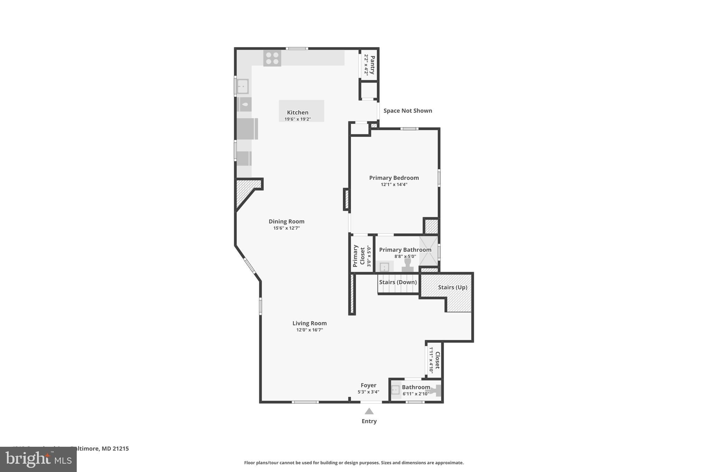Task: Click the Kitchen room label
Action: point(297,112)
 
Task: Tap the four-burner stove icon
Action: point(272,58)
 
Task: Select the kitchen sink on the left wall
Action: point(243,86)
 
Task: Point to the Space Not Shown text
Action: point(408,111)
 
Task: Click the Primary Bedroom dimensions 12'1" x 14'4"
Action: point(394,185)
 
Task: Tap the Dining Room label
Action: point(286,221)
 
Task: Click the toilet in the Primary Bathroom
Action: point(408,265)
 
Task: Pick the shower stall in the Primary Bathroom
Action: point(429,251)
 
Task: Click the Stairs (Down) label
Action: point(398,282)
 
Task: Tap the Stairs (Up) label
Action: point(452,287)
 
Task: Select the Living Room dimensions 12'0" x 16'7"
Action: point(309,330)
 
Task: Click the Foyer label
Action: point(368,385)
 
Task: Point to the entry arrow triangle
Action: point(369,411)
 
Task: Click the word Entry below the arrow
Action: point(369,421)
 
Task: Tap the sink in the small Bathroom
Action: point(395,390)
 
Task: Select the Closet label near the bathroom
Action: point(437,360)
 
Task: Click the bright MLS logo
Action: point(38,460)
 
